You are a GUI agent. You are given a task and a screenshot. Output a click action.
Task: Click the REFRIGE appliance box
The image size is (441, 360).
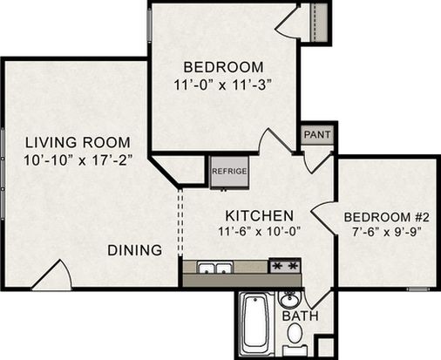[x=229, y=173]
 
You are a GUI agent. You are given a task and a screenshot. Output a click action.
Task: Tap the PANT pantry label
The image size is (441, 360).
[x=317, y=134]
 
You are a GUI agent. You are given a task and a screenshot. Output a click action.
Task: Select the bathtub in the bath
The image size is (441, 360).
[x=256, y=324]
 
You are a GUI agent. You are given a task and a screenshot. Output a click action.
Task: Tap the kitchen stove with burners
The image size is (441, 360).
[x=285, y=266]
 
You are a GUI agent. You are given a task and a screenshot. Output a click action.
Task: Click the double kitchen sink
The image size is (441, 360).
[x=215, y=268]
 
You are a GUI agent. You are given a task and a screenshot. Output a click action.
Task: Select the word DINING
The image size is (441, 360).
[x=135, y=250]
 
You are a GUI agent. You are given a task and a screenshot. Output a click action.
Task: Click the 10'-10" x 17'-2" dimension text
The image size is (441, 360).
[x=78, y=160]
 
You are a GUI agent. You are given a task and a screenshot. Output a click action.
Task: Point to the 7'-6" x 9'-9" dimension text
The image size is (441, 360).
[x=387, y=233]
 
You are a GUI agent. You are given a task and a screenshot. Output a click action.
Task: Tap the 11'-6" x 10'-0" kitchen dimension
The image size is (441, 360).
[x=259, y=232]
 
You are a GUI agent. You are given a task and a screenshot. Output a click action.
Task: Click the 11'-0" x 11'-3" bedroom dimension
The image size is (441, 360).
[x=223, y=85]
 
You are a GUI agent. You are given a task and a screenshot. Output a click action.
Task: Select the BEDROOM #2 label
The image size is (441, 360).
[x=387, y=217]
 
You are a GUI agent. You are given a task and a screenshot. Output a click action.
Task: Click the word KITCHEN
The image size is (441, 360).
[x=260, y=216]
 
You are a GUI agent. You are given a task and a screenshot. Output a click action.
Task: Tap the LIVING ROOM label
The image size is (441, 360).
[x=78, y=142]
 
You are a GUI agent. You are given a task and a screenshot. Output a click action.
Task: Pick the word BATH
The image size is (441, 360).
[x=301, y=316]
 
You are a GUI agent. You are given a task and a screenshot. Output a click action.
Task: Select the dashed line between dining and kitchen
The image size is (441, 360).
[x=180, y=222]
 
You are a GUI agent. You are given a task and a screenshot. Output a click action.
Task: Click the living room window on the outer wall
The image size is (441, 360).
[x=3, y=173]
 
